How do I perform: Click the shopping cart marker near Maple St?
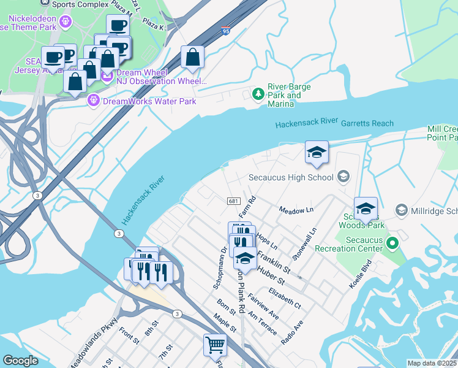point(214,345)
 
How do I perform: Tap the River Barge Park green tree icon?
point(258,94)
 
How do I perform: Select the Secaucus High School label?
point(291,177)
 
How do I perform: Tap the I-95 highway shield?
point(227,30)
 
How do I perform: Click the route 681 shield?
point(233,201)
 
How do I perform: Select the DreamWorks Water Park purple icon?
point(94,101)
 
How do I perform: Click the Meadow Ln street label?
point(296,210)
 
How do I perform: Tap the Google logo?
point(20,361)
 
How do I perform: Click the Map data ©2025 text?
point(432,363)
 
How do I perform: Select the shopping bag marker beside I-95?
point(192,58)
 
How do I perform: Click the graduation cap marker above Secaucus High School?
point(317,153)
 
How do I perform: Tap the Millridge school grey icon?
point(402,210)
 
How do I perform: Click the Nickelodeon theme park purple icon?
point(66,23)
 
